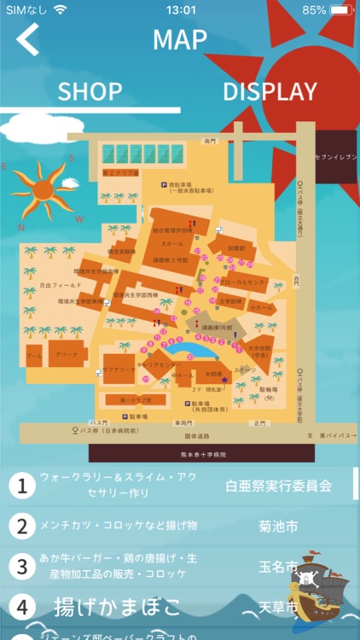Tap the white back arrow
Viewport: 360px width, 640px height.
pyautogui.click(x=28, y=39)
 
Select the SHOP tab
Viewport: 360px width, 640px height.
pyautogui.click(x=90, y=91)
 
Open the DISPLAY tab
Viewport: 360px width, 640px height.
pyautogui.click(x=270, y=91)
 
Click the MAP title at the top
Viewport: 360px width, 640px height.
pyautogui.click(x=180, y=39)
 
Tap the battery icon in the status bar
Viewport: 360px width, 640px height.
pyautogui.click(x=340, y=10)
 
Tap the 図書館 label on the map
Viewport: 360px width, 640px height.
pyautogui.click(x=236, y=248)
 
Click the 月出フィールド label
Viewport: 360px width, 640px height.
pyautogui.click(x=38, y=284)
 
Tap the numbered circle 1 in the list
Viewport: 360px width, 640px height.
pyautogui.click(x=21, y=486)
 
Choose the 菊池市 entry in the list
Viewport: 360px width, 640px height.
pyautogui.click(x=278, y=527)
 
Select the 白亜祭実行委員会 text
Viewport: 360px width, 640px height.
pyautogui.click(x=278, y=486)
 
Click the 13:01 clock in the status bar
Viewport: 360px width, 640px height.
pyautogui.click(x=180, y=10)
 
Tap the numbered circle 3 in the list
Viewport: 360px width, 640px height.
pyautogui.click(x=21, y=567)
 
